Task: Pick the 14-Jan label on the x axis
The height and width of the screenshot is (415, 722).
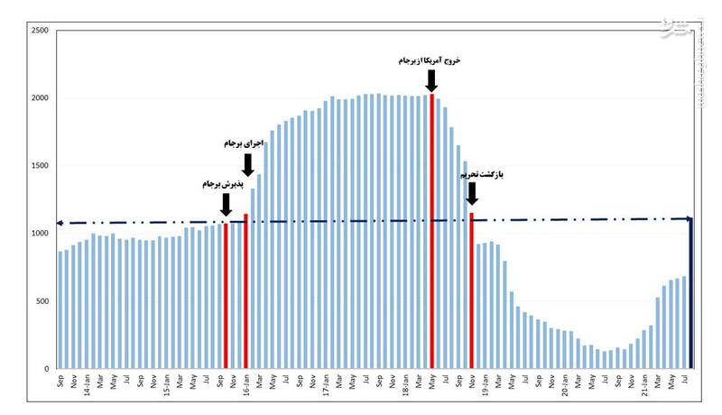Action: pyautogui.click(x=87, y=386)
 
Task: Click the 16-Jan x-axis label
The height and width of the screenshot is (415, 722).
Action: pyautogui.click(x=245, y=386)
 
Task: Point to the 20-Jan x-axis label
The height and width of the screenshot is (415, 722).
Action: pyautogui.click(x=564, y=386)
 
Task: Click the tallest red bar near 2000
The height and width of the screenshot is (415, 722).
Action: pyautogui.click(x=432, y=231)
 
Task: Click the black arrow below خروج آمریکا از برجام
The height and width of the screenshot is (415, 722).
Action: pyautogui.click(x=431, y=80)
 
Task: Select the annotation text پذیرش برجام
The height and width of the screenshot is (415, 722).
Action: pyautogui.click(x=223, y=183)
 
